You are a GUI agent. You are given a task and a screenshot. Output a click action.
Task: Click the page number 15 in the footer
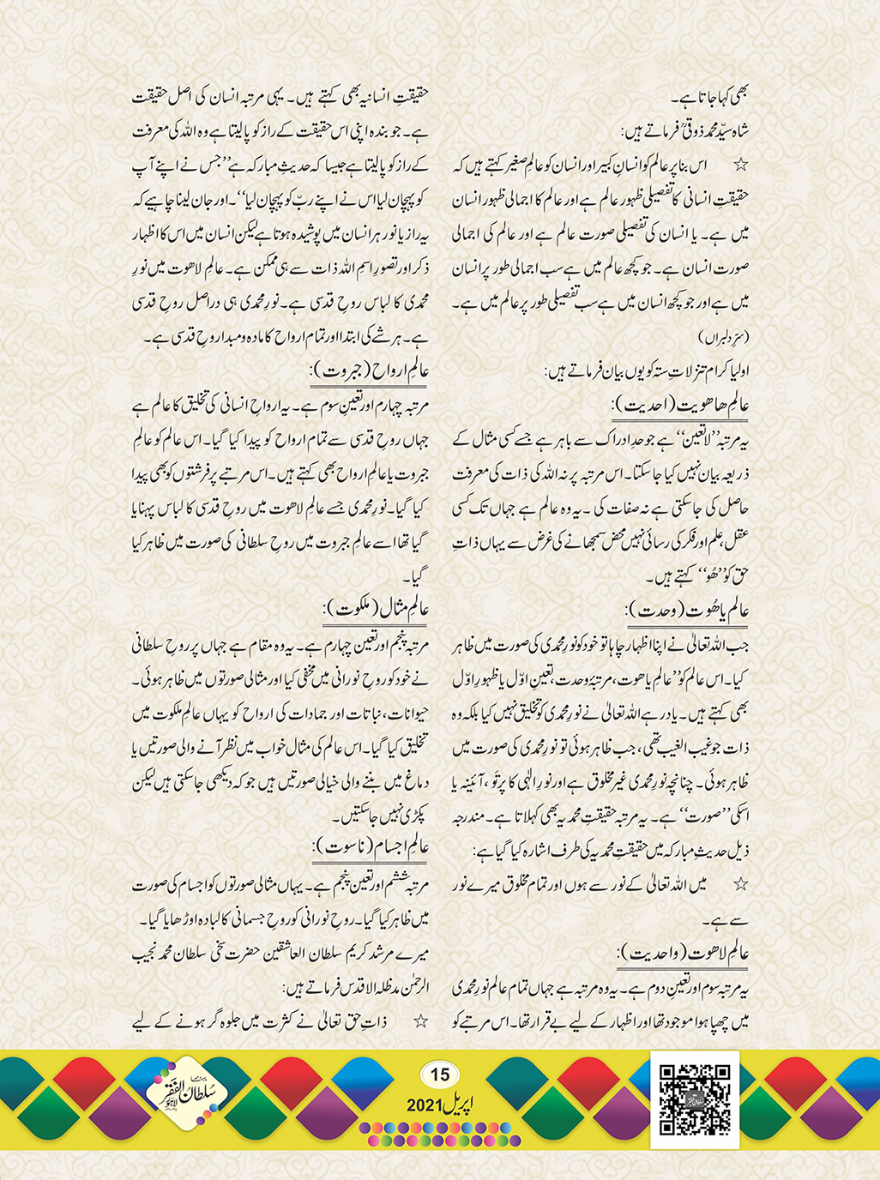click(439, 1075)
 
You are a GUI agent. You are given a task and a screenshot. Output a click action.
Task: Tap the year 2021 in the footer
click(423, 1106)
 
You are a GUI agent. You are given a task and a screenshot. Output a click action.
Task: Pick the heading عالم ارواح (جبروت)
click(370, 371)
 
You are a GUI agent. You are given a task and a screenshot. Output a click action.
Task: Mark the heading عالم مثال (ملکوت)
click(376, 609)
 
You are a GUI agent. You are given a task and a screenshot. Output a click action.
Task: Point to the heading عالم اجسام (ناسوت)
click(371, 848)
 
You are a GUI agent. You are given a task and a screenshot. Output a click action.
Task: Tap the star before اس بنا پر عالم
click(742, 163)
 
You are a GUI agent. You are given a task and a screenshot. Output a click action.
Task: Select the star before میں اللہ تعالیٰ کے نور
click(741, 883)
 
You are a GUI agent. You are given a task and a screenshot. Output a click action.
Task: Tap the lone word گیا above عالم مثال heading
click(418, 578)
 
